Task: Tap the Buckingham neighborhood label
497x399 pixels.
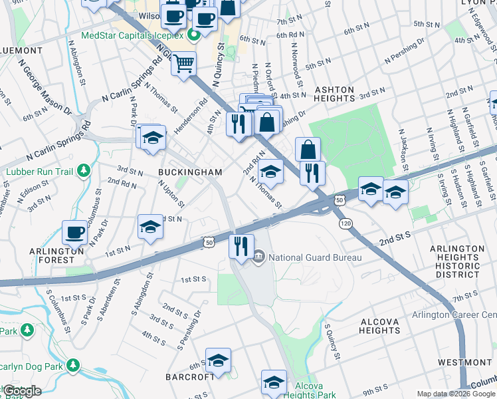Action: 190,172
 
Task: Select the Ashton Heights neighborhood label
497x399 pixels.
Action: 335,94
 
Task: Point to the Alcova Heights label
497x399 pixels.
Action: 379,326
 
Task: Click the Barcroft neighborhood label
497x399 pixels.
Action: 190,376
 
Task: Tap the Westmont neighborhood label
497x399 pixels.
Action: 464,362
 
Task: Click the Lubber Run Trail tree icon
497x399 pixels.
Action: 84,171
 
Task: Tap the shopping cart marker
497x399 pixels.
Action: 184,65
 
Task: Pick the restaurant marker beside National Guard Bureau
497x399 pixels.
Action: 241,245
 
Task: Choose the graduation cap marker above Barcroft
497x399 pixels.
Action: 217,360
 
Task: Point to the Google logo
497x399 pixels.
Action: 22,391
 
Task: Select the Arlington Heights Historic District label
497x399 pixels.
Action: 457,261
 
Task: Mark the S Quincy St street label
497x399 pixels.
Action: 330,339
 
